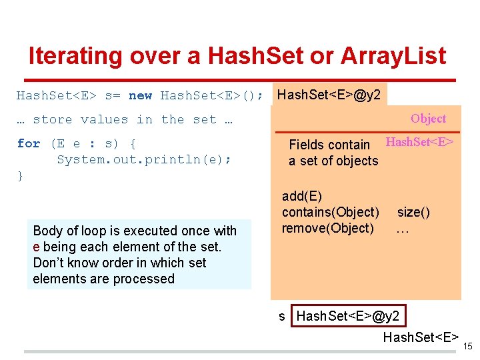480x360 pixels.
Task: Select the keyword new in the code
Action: pyautogui.click(x=140, y=95)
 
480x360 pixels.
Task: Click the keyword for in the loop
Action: pyautogui.click(x=29, y=143)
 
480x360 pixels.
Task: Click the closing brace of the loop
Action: pyautogui.click(x=20, y=175)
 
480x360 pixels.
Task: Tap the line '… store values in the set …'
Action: pyautogui.click(x=125, y=119)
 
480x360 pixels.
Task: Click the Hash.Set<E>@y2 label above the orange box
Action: pyautogui.click(x=329, y=95)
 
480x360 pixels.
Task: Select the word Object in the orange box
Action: pyautogui.click(x=428, y=119)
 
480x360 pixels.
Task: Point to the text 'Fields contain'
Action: pyautogui.click(x=329, y=145)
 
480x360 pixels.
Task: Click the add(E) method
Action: pyautogui.click(x=301, y=196)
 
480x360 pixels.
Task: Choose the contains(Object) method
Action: pyautogui.click(x=330, y=212)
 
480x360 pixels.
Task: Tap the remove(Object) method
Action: pyautogui.click(x=327, y=228)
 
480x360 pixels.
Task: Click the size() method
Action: pyautogui.click(x=413, y=212)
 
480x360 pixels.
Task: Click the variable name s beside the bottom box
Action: pyautogui.click(x=282, y=316)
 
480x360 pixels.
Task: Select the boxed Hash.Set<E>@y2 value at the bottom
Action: pyautogui.click(x=347, y=316)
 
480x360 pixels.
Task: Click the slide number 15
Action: pyautogui.click(x=467, y=346)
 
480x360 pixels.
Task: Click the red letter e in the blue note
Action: pyautogui.click(x=36, y=247)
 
